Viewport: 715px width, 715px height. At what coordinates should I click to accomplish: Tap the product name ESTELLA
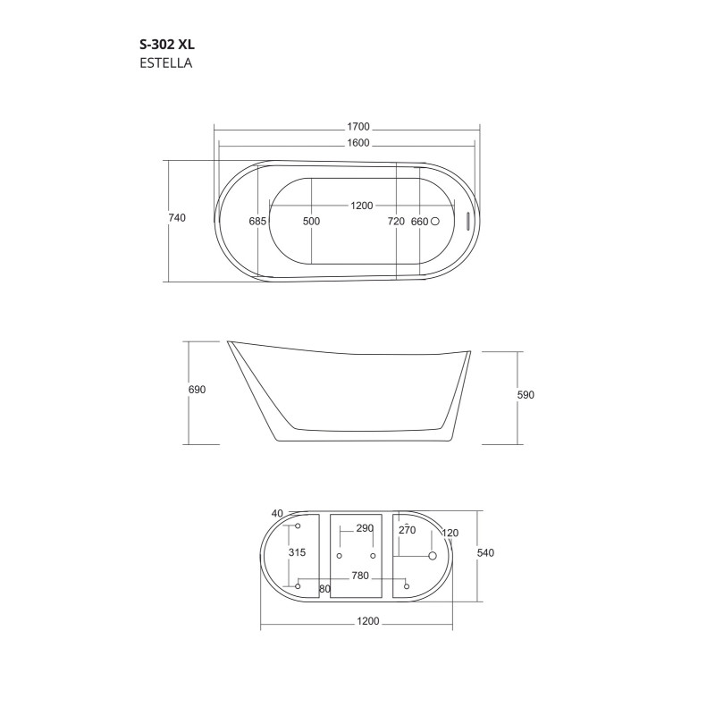pos(167,63)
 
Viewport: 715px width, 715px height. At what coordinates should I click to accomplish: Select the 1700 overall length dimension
pos(357,128)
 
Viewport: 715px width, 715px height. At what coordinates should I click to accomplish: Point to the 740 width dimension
pos(177,220)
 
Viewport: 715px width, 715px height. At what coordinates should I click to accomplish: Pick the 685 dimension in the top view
pos(258,221)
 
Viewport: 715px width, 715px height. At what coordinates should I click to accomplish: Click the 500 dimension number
pos(311,221)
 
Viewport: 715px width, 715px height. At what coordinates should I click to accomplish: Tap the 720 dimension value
pos(396,221)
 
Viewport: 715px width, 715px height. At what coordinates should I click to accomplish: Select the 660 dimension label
pos(420,221)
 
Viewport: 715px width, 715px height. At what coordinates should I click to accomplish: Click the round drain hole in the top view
pos(437,220)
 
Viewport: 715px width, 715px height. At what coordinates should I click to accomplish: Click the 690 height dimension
pos(198,391)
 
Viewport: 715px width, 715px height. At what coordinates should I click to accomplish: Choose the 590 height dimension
pos(526,395)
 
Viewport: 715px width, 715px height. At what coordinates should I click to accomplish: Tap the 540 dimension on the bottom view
pos(486,553)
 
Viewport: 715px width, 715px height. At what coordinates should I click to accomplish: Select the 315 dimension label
pos(297,553)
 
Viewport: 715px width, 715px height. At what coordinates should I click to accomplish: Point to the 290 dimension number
pos(365,529)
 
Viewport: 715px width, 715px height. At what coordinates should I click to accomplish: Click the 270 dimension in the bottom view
pos(408,530)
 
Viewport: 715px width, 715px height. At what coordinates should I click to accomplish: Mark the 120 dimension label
pos(450,534)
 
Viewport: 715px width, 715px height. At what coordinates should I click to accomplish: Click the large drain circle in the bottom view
pos(433,556)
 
